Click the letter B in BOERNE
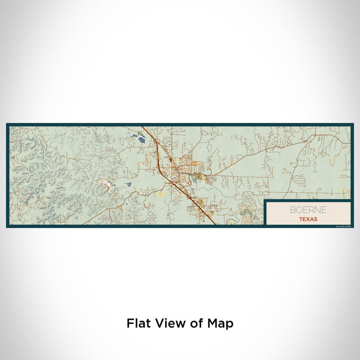[x=292, y=210]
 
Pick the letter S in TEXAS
[x=315, y=219]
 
